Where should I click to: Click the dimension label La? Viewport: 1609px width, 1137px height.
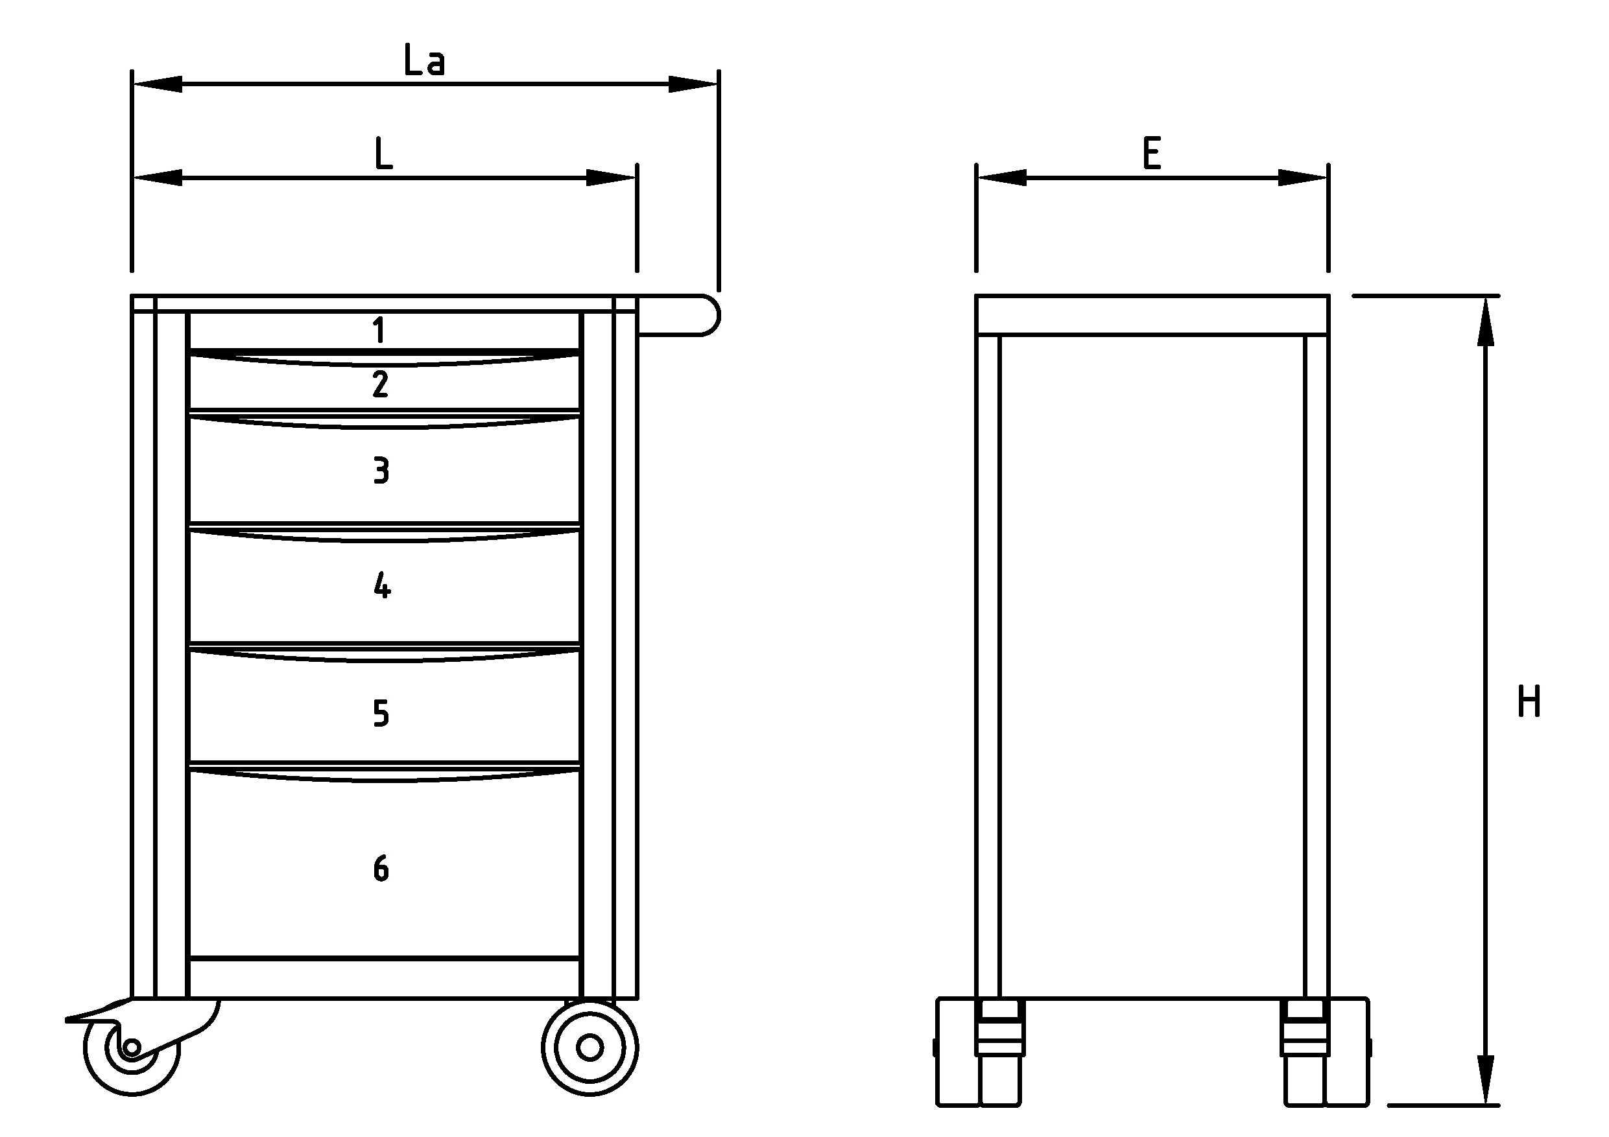[424, 60]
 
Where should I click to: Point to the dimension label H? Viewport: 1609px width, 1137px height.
[1529, 701]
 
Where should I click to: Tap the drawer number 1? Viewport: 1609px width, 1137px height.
[379, 330]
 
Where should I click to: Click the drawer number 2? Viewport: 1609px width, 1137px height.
[381, 384]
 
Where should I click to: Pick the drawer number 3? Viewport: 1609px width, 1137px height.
[381, 470]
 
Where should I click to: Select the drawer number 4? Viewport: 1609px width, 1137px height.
[382, 585]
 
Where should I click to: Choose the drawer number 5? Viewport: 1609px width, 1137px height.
[381, 713]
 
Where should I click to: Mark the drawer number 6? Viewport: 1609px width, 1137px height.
[381, 869]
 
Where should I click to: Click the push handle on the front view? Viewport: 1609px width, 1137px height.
[678, 315]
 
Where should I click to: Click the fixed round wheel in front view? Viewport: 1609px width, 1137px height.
[590, 1048]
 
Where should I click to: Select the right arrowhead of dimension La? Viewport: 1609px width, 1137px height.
[693, 84]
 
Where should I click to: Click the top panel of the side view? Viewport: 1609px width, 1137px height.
[1152, 315]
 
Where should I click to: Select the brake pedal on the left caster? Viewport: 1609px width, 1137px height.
[98, 1013]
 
